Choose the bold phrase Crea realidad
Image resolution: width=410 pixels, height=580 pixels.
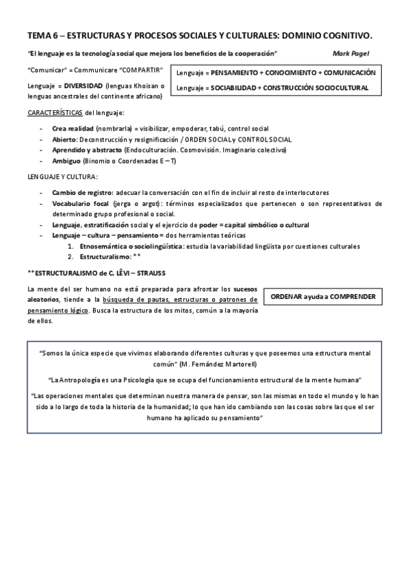point(73,129)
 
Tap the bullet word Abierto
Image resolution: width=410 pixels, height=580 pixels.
point(65,139)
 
